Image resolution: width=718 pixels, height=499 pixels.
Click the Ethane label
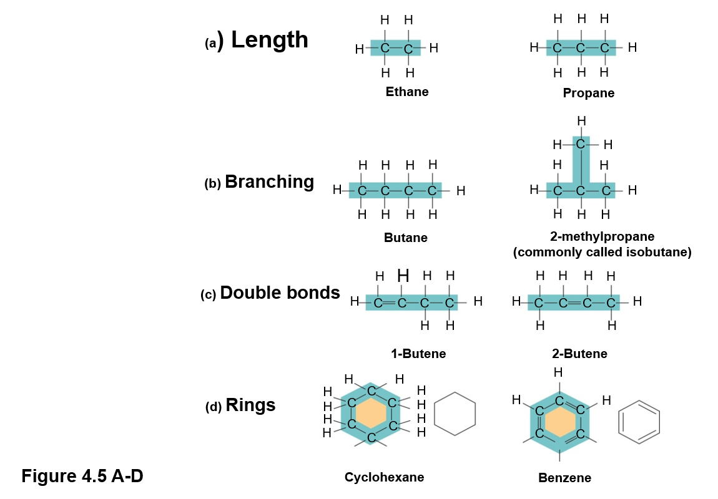(407, 92)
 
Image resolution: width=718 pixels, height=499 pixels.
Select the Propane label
(588, 94)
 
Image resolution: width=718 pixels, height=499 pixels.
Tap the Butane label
(406, 238)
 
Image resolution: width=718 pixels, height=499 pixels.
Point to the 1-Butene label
(418, 354)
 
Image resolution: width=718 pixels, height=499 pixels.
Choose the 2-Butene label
(579, 354)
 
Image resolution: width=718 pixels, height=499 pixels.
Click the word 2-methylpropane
(602, 237)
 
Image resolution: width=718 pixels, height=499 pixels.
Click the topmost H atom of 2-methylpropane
(581, 121)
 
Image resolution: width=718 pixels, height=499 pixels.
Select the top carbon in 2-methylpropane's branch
(581, 145)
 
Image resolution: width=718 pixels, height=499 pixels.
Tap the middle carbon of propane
(581, 48)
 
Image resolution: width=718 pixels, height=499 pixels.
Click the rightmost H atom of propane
(632, 47)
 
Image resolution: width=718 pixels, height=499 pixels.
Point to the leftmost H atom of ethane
(359, 49)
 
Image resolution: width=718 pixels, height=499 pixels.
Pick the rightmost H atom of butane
(461, 191)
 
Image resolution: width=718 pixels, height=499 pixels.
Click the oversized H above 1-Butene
(403, 276)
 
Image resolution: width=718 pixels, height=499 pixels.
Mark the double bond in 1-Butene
(390, 303)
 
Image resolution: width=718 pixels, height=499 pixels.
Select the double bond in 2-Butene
(575, 303)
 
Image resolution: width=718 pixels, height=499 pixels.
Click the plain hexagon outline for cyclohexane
(455, 414)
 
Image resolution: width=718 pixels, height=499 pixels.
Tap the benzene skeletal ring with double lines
(639, 422)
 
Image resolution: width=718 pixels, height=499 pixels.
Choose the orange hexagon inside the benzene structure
(560, 422)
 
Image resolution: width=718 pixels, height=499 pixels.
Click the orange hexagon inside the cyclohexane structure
(371, 413)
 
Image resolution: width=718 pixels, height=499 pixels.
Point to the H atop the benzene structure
(558, 372)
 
